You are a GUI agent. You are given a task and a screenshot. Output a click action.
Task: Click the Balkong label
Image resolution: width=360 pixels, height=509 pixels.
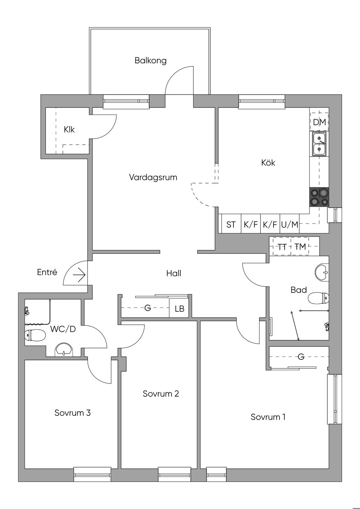pyautogui.click(x=150, y=60)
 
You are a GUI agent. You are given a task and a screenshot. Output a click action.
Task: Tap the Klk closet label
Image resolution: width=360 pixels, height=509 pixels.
pyautogui.click(x=69, y=130)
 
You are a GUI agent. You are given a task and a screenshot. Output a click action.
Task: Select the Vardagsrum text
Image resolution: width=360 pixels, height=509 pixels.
pyautogui.click(x=153, y=177)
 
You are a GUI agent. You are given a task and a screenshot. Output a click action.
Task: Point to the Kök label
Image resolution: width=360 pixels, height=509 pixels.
pyautogui.click(x=268, y=163)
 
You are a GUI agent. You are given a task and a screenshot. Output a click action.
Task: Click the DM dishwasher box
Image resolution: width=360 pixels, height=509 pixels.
pyautogui.click(x=320, y=122)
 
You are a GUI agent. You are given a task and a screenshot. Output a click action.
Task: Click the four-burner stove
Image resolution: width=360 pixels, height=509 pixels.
pyautogui.click(x=320, y=197)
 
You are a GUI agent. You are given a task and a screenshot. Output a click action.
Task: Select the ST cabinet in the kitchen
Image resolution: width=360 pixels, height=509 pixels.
pyautogui.click(x=231, y=225)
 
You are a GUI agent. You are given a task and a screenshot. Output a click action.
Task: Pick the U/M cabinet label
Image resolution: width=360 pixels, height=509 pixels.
pyautogui.click(x=290, y=225)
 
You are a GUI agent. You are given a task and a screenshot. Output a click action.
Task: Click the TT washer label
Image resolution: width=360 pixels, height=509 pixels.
pyautogui.click(x=282, y=247)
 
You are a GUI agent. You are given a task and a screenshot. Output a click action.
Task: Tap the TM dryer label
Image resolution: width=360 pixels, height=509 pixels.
pyautogui.click(x=300, y=247)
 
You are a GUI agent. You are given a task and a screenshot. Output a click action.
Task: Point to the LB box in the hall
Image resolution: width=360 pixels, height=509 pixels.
pyautogui.click(x=179, y=309)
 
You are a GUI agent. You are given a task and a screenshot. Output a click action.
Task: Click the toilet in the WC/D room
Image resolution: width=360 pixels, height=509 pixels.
pyautogui.click(x=35, y=336)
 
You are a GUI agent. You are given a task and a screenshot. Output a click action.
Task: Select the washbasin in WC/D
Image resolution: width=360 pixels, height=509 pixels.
pyautogui.click(x=64, y=350)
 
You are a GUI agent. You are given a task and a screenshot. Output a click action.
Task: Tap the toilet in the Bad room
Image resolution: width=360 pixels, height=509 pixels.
pyautogui.click(x=318, y=298)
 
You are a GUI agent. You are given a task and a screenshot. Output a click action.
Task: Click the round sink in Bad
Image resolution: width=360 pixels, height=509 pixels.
pyautogui.click(x=321, y=271)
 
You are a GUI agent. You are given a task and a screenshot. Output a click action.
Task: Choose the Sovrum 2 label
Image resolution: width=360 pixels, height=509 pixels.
pyautogui.click(x=161, y=394)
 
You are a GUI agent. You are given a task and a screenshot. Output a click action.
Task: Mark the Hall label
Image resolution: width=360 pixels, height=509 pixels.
pyautogui.click(x=174, y=273)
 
